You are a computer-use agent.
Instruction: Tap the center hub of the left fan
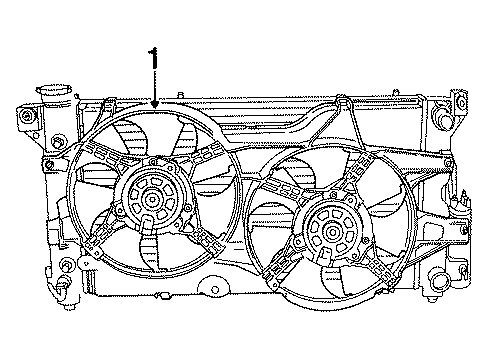point(151,199)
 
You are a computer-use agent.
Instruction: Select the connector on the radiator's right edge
point(462,211)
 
